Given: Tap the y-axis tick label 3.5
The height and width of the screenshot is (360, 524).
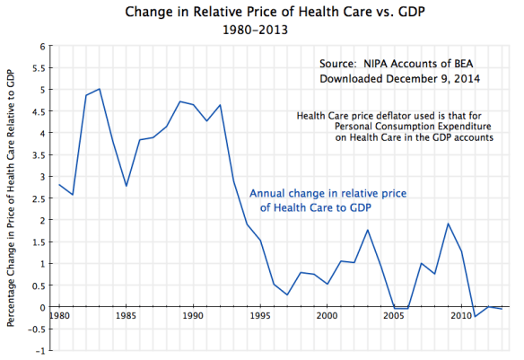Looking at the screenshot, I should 38,154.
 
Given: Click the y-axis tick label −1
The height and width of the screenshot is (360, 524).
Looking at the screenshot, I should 39,350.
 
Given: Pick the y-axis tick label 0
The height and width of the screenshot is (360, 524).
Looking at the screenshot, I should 41,307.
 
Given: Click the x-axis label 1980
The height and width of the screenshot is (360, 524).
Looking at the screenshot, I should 59,316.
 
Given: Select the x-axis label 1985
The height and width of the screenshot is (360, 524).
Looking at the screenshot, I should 126,316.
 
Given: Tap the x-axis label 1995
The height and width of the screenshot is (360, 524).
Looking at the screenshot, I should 260,316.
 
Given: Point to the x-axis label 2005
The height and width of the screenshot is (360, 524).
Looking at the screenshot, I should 394,316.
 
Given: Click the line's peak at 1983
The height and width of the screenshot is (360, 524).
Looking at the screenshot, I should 100,89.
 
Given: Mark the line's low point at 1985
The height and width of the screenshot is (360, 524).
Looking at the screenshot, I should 127,186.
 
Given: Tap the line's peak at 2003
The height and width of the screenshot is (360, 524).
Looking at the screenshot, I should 368,230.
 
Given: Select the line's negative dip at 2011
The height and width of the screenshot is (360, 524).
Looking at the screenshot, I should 475,316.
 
